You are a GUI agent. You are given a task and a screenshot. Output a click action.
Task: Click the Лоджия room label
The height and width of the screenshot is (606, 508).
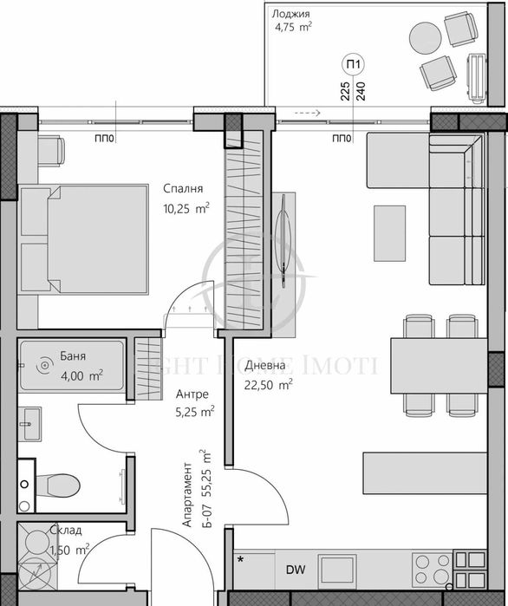point(290,14)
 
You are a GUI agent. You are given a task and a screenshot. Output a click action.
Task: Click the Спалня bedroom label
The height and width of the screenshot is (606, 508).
point(183,188)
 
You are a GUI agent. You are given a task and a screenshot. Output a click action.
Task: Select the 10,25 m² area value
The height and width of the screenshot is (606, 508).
point(186,208)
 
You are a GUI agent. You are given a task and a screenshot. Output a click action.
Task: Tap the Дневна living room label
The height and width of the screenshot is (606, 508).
point(261,364)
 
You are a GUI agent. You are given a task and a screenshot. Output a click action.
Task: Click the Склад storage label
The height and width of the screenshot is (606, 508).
point(66,530)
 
